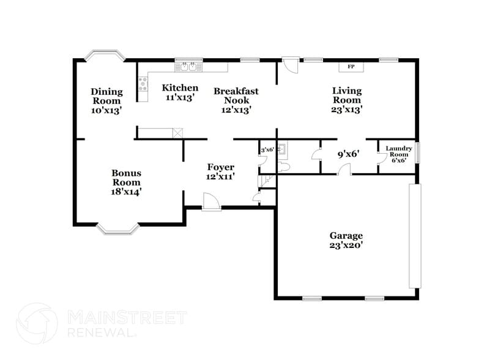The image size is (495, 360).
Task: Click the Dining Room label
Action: point(106,101)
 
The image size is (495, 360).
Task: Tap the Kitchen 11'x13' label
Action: point(180,92)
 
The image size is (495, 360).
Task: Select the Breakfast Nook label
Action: point(236,100)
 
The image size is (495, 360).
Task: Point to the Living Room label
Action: point(346,100)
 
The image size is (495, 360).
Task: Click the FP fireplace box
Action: point(351,66)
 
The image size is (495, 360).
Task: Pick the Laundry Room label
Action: point(399,154)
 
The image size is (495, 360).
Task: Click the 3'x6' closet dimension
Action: point(267,149)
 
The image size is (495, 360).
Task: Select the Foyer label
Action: point(220,171)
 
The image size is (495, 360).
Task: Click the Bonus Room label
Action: point(126,182)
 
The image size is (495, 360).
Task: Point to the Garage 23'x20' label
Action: point(346,240)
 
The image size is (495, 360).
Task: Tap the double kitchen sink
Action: point(188,64)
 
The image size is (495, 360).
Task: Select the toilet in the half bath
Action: point(284,167)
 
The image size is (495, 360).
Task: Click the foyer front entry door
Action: point(211,202)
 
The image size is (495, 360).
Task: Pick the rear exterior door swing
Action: point(290,65)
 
